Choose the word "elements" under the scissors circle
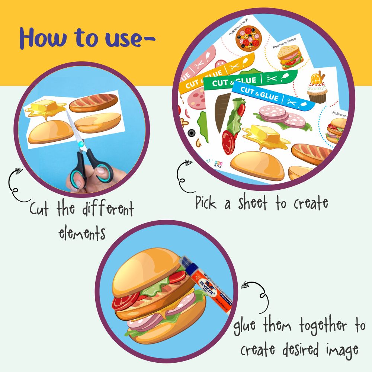[82, 233]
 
